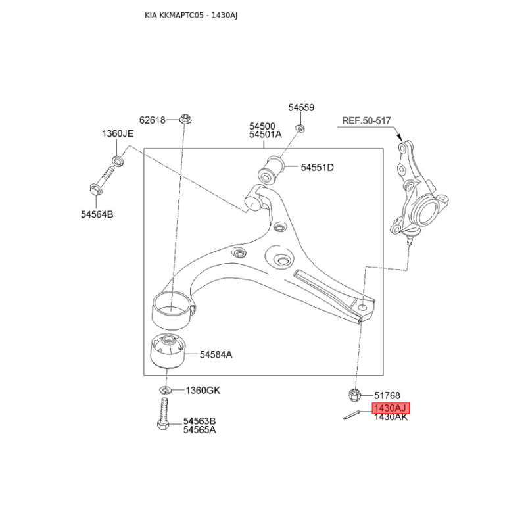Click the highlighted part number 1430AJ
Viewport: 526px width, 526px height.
point(391,408)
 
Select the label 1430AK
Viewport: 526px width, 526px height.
point(391,417)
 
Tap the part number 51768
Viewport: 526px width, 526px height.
point(387,395)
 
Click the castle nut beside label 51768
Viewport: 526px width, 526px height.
point(354,394)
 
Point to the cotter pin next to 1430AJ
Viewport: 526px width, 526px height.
point(352,415)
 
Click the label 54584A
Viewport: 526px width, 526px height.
point(216,354)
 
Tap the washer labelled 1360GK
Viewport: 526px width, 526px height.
point(166,390)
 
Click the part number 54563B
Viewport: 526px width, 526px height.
point(199,421)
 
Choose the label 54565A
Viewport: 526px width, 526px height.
point(199,430)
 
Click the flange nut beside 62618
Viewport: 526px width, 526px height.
point(185,119)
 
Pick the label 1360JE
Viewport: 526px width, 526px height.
point(118,133)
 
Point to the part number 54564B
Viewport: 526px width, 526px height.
point(97,214)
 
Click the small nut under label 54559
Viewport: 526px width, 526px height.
point(300,128)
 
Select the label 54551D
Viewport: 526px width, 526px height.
point(317,167)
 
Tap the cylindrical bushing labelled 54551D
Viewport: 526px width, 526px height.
point(271,170)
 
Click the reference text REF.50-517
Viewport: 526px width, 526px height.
point(366,120)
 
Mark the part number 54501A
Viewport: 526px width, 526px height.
point(266,135)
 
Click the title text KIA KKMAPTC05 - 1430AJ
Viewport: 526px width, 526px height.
point(191,15)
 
